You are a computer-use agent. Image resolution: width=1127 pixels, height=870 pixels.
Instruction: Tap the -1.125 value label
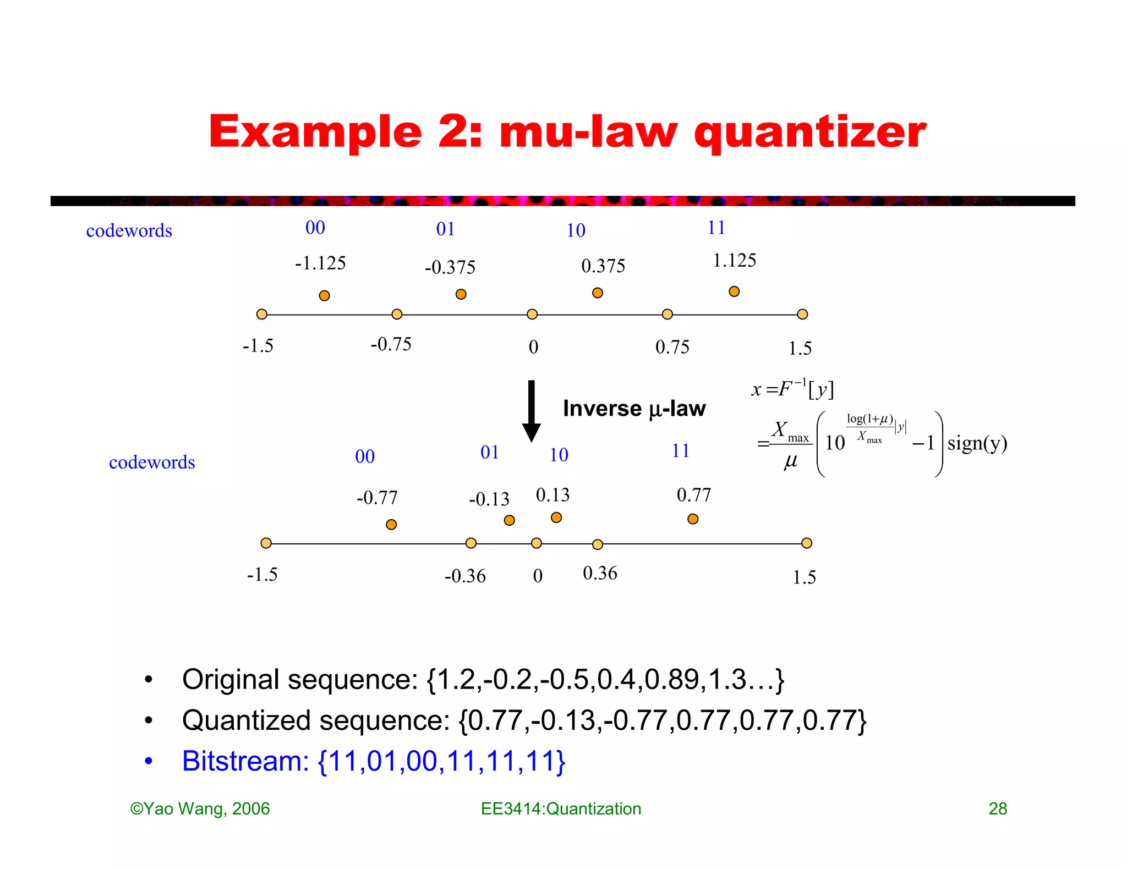(x=320, y=263)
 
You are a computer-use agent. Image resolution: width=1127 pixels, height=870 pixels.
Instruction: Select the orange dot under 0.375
(x=598, y=293)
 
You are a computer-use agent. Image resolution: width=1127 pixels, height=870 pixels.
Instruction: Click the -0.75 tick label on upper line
(x=391, y=345)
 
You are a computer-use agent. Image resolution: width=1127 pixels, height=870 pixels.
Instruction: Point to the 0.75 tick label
(x=672, y=347)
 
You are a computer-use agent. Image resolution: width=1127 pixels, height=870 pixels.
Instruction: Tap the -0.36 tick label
(x=465, y=576)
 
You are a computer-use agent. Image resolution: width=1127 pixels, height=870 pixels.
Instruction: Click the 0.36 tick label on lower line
(x=600, y=574)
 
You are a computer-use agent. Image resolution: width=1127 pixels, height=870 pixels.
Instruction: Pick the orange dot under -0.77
(x=391, y=525)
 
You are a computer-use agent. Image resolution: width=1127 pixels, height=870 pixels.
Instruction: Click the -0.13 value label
(x=489, y=499)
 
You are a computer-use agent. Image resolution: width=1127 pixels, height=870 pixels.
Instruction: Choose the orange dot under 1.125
(x=734, y=291)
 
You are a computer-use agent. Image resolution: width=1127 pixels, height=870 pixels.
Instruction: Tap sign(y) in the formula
(x=977, y=443)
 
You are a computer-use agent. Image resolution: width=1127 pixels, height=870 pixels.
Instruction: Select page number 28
(x=998, y=808)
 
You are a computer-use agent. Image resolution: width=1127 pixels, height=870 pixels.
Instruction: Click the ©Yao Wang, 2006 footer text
(x=200, y=808)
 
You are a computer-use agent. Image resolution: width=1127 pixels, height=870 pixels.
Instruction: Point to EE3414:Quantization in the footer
(x=561, y=808)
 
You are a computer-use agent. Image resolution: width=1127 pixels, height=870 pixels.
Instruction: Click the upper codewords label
(x=129, y=231)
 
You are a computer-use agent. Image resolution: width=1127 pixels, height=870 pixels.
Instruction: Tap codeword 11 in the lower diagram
(x=681, y=451)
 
